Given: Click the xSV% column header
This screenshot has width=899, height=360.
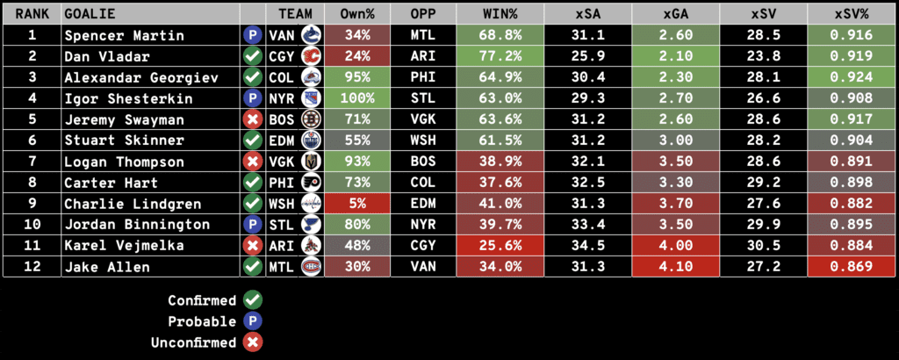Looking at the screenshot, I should click(851, 15).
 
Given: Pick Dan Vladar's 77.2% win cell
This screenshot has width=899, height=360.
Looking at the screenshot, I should click(500, 56).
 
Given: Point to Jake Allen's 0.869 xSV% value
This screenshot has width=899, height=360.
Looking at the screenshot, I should click(851, 267).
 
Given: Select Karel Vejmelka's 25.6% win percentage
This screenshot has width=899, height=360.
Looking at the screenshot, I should click(500, 246).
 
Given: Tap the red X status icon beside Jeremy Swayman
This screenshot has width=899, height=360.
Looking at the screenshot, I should click(252, 119).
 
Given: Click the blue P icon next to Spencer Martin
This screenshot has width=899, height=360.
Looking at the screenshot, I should click(252, 35).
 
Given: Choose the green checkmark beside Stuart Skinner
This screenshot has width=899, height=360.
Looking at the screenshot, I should click(252, 140).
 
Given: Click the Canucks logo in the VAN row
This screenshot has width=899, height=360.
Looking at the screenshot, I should click(310, 35).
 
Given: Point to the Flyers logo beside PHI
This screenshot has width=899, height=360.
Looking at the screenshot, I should click(310, 183).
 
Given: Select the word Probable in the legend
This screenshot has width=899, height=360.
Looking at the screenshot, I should click(202, 321).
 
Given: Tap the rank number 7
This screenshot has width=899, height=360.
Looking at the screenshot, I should click(31, 162).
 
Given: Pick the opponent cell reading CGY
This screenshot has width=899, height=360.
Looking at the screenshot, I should click(422, 246).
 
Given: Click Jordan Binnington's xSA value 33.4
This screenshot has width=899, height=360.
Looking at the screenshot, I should click(587, 225).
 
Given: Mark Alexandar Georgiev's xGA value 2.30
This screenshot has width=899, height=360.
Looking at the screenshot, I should click(675, 77).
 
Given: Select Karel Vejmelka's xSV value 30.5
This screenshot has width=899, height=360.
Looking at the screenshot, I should click(763, 246).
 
